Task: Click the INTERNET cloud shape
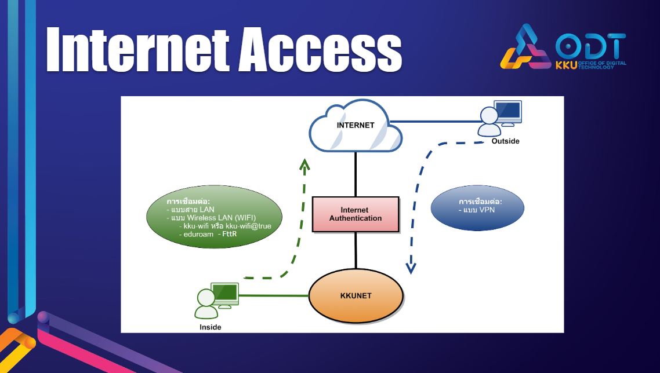pos(356,126)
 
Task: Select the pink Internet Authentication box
pos(356,214)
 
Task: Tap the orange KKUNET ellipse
pos(356,295)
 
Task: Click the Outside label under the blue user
pos(505,141)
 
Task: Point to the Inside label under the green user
pos(210,327)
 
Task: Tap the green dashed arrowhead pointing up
pos(304,164)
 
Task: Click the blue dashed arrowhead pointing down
pos(411,268)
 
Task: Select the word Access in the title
pos(320,50)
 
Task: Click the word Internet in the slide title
pos(138,50)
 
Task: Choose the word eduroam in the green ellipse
pos(199,234)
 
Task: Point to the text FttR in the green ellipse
pos(230,234)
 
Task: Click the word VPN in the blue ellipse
pos(487,210)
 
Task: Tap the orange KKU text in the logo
pos(566,65)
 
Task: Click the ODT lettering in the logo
pos(590,46)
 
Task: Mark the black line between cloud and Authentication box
pos(356,174)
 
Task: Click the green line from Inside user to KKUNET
pos(274,295)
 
